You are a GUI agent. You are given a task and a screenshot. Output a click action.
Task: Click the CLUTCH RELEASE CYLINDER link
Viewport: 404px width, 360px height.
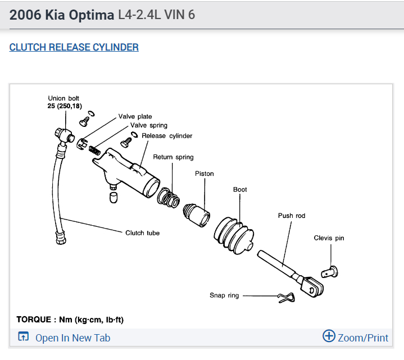(x=74, y=47)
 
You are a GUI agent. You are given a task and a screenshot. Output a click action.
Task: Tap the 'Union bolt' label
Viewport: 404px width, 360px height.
(x=63, y=98)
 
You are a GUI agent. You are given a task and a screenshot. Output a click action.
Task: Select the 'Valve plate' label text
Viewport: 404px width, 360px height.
(x=135, y=117)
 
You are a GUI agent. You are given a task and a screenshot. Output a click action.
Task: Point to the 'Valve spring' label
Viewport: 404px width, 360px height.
(x=148, y=125)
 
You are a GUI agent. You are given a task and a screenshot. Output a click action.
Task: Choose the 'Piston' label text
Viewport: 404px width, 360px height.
(x=204, y=174)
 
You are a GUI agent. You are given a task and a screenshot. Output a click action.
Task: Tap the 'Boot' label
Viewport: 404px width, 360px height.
(x=240, y=190)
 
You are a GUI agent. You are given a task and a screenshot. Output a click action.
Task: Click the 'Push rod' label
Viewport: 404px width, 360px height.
(x=292, y=216)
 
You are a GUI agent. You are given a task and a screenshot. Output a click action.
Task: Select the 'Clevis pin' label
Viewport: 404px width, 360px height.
(x=329, y=238)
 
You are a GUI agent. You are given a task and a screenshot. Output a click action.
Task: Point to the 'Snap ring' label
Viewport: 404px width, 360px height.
(x=225, y=295)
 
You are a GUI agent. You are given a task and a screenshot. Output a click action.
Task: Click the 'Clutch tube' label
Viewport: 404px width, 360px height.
(x=142, y=233)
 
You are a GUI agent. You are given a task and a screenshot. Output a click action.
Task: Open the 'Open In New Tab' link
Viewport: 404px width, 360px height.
(x=72, y=338)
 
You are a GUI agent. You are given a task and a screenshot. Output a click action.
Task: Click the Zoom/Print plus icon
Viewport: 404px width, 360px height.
(x=329, y=336)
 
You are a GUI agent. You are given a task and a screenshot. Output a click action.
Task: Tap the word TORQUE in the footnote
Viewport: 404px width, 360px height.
(x=35, y=320)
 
